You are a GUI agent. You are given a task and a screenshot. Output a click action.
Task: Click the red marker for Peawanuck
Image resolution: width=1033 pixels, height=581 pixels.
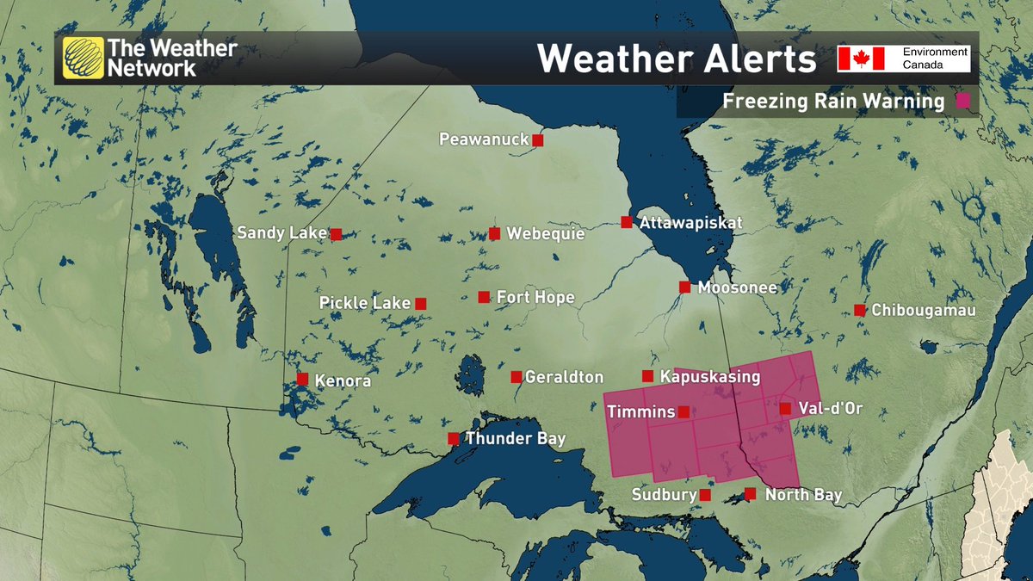pyautogui.click(x=538, y=139)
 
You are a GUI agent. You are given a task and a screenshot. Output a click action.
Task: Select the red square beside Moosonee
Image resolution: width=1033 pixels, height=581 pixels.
pyautogui.click(x=684, y=287)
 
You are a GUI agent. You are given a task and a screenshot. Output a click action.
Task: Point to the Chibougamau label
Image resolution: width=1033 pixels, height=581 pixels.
pyautogui.click(x=924, y=310)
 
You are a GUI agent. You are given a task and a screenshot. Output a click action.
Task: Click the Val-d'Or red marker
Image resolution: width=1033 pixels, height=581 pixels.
pyautogui.click(x=785, y=408)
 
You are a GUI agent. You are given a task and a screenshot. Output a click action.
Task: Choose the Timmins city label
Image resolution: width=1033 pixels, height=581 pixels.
pyautogui.click(x=640, y=412)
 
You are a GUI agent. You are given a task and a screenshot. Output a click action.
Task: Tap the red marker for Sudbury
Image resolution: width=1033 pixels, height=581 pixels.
pyautogui.click(x=705, y=495)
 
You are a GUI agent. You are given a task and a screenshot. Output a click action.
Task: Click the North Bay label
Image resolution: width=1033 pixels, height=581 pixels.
pyautogui.click(x=803, y=495)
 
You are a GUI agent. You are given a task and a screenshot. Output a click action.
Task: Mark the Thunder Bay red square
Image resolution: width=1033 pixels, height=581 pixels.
pyautogui.click(x=453, y=439)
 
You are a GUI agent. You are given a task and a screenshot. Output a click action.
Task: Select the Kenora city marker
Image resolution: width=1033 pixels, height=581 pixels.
pyautogui.click(x=302, y=379)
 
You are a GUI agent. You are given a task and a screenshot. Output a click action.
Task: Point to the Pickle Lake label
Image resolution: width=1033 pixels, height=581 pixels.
pyautogui.click(x=365, y=303)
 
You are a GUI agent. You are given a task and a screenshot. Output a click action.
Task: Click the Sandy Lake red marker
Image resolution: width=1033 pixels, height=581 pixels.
pyautogui.click(x=336, y=233)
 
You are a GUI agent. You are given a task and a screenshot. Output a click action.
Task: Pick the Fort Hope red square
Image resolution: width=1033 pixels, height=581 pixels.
pyautogui.click(x=484, y=297)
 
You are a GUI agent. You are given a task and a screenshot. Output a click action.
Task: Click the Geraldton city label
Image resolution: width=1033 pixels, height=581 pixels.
pyautogui.click(x=564, y=377)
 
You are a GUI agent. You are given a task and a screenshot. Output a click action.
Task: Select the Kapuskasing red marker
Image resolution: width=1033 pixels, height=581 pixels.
pyautogui.click(x=647, y=376)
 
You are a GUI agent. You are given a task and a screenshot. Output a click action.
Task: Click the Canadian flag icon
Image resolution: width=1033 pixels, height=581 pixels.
pyautogui.click(x=862, y=59)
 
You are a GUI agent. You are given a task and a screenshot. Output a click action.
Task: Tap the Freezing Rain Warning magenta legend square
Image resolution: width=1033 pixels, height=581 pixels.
pyautogui.click(x=963, y=101)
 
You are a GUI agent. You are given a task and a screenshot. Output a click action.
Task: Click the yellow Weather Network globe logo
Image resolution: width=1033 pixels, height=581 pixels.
pyautogui.click(x=83, y=58)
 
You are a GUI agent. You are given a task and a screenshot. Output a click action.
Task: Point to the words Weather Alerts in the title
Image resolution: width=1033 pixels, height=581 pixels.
pyautogui.click(x=677, y=59)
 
